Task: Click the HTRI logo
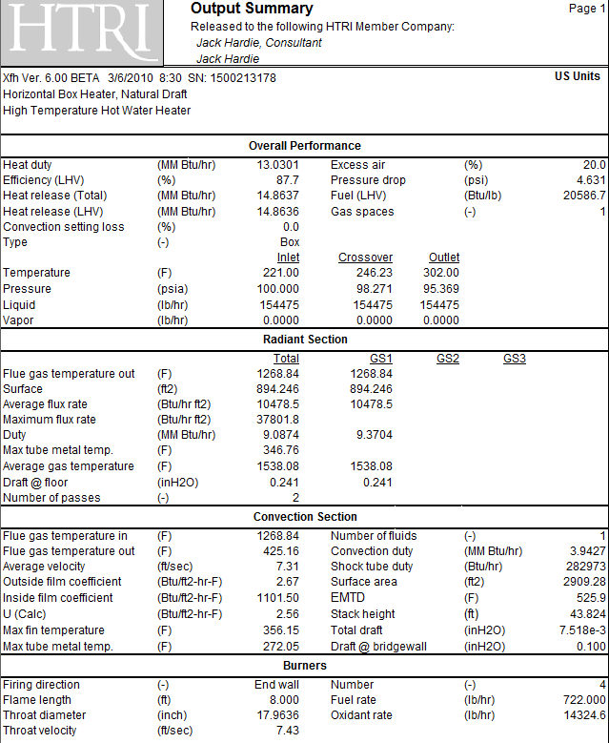pos(81,32)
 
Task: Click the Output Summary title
pos(252,9)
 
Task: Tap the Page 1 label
pos(587,9)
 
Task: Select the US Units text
pos(578,76)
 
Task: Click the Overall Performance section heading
pos(305,146)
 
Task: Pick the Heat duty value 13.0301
pos(277,165)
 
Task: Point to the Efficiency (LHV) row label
pos(44,180)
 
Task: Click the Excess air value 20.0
pos(594,165)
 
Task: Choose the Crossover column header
pos(365,258)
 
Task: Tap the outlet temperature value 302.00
pos(441,273)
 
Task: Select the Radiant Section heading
pos(305,340)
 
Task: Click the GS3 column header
pos(515,359)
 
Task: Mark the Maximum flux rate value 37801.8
pos(277,420)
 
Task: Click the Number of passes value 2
pos(295,498)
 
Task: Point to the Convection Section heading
pos(305,517)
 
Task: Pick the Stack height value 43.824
pos(588,614)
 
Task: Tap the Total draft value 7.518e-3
pos(582,630)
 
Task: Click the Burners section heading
pos(305,666)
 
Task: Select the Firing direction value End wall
pos(276,685)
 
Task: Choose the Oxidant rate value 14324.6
pos(584,715)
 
